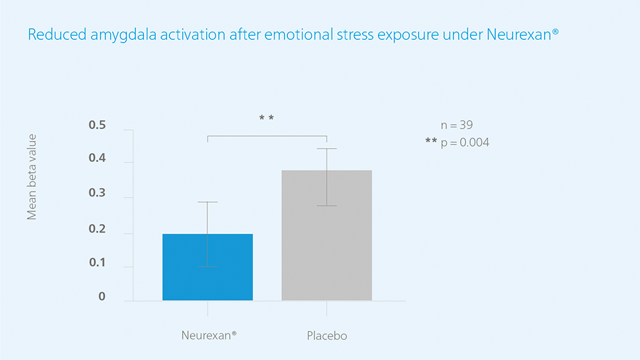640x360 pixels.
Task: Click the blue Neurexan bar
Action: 207,267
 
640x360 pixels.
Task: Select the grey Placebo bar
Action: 327,235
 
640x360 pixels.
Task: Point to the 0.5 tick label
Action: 97,125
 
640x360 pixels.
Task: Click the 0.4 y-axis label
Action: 97,158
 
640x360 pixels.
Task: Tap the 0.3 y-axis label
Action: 97,193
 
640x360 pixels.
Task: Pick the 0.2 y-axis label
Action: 97,229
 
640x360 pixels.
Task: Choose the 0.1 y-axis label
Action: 97,263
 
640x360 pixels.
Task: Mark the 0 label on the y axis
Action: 101,296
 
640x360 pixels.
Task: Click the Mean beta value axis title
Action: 32,177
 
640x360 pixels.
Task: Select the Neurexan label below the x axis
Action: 209,335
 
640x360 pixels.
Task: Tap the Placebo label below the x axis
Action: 327,336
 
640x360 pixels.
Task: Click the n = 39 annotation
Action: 457,125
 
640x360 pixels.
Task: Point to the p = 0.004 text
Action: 465,143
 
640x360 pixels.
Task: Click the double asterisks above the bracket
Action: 267,118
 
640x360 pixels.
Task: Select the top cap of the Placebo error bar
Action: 327,149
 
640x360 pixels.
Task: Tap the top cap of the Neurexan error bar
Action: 207,201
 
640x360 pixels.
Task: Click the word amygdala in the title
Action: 123,35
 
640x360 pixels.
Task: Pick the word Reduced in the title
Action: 57,34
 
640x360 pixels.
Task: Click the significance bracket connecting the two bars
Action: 267,136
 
